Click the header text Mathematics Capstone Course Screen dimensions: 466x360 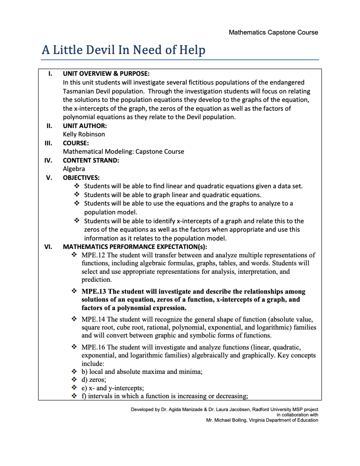point(273,32)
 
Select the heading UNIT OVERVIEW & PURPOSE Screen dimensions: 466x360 point(106,74)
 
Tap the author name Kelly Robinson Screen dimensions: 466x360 point(84,134)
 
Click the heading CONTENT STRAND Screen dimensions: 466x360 point(91,160)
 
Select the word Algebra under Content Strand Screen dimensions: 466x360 point(74,169)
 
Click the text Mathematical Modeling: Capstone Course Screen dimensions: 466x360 point(123,151)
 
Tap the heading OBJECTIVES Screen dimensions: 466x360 point(81,178)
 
